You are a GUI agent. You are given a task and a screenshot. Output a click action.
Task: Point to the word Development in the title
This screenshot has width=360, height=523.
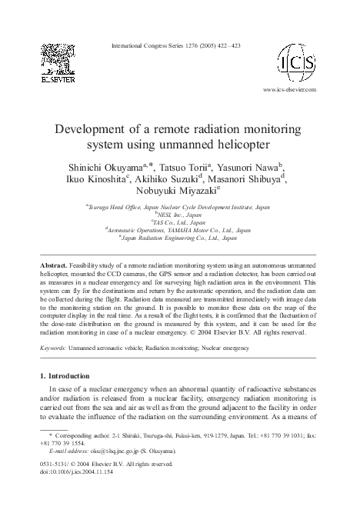coord(98,128)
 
